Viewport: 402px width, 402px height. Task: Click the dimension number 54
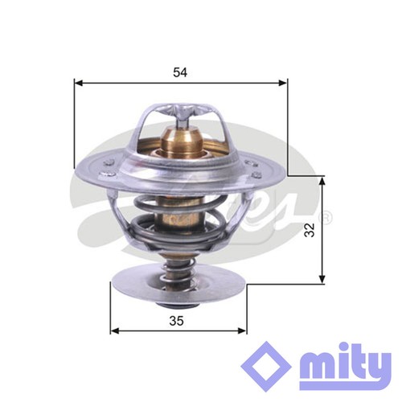pyautogui.click(x=180, y=72)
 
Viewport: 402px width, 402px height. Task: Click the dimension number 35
pyautogui.click(x=177, y=321)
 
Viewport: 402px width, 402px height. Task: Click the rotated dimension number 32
pyautogui.click(x=310, y=230)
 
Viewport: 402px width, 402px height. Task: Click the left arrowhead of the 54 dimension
pyautogui.click(x=78, y=83)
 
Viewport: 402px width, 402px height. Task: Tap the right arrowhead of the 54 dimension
pyautogui.click(x=283, y=83)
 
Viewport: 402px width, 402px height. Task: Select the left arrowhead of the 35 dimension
pyautogui.click(x=115, y=331)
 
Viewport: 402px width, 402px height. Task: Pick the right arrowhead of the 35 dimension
pyautogui.click(x=242, y=331)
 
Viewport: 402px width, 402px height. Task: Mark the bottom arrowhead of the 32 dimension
pyautogui.click(x=322, y=279)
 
